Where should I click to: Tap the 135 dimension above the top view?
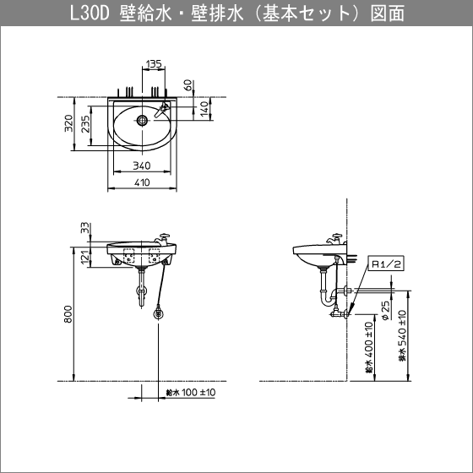154,64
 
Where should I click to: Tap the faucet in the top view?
162,109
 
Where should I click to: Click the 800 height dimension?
68,314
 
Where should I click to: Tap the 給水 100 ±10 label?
191,393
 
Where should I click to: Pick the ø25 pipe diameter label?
385,313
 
